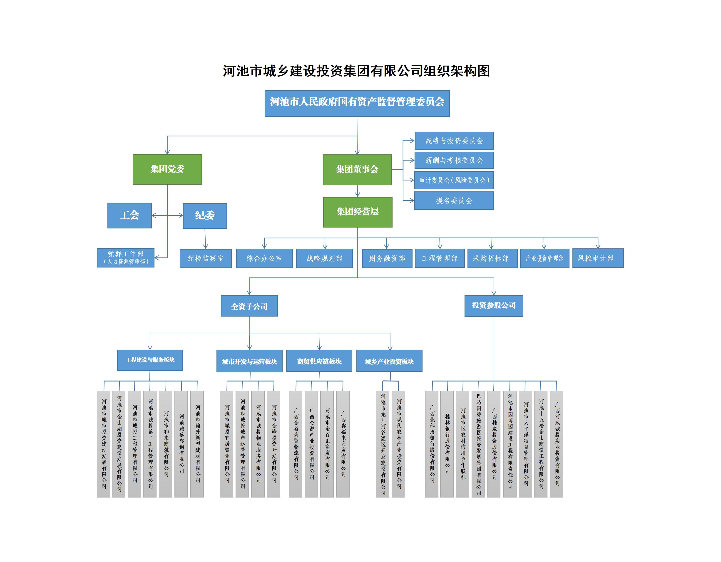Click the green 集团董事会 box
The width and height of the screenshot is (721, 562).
357,170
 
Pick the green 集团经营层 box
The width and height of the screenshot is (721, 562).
358,212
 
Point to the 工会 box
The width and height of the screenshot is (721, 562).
129,215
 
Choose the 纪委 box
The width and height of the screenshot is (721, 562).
205,216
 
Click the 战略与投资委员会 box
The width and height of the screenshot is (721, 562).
454,141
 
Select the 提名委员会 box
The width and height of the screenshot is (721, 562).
454,201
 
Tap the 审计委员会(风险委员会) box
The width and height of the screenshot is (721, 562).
454,180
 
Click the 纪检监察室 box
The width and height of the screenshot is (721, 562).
205,258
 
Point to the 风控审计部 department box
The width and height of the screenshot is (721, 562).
598,258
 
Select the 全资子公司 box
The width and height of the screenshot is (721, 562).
249,306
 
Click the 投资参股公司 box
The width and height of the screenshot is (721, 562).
494,306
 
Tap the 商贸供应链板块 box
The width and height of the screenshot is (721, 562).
319,361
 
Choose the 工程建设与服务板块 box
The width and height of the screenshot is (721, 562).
150,360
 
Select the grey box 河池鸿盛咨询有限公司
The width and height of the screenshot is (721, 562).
181,444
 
